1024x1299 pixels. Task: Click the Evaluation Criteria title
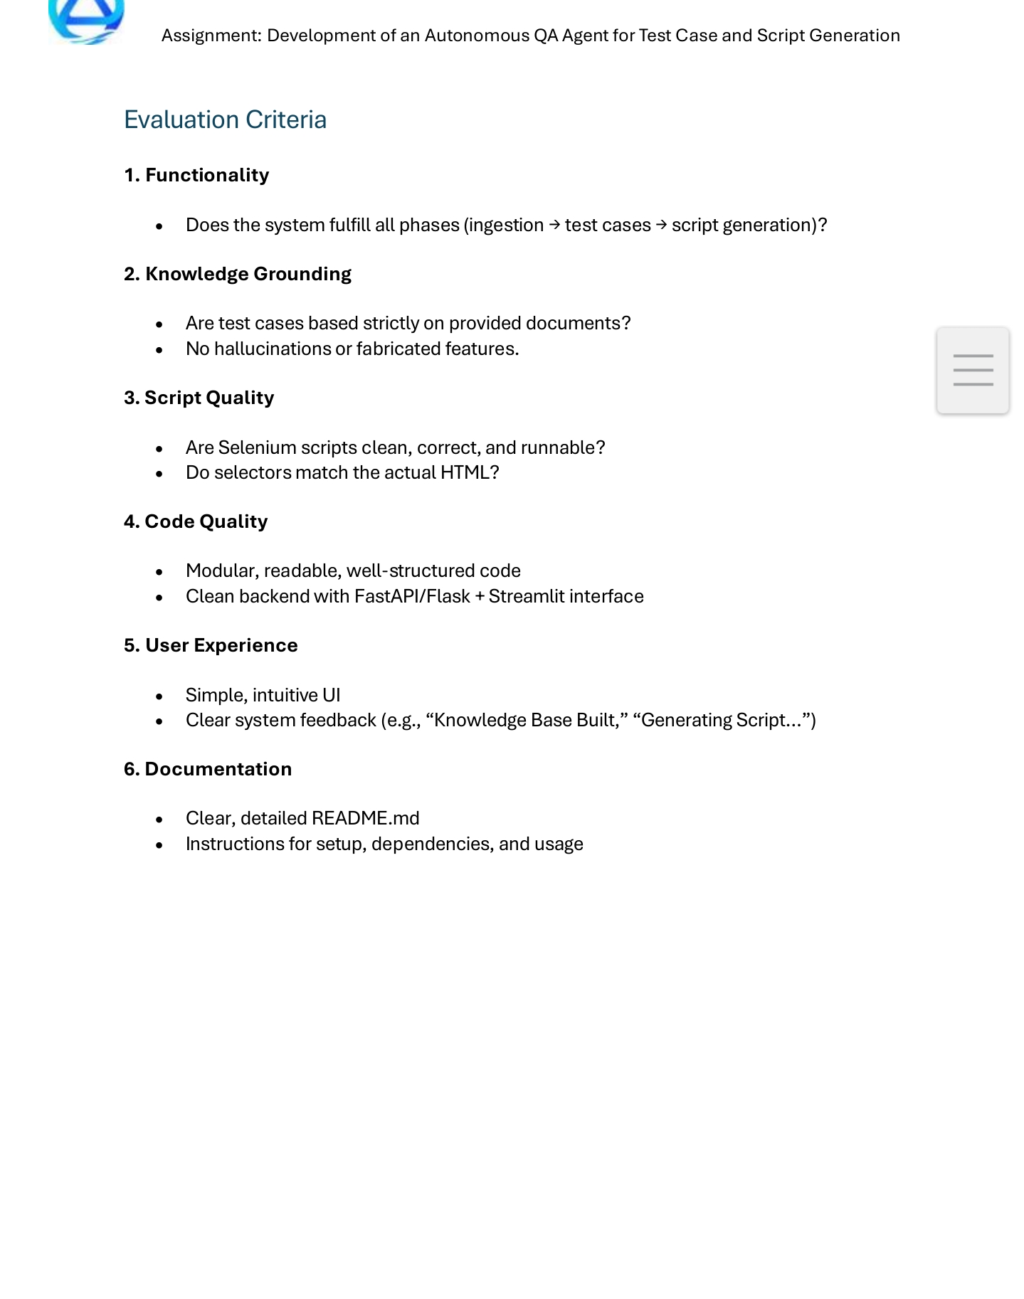click(225, 120)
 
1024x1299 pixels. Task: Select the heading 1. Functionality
click(196, 175)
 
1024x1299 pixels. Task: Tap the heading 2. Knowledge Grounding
click(238, 274)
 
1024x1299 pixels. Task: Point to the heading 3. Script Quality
click(199, 398)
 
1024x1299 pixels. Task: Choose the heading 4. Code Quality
click(196, 521)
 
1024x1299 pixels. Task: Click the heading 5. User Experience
click(211, 645)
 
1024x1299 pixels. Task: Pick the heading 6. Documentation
click(208, 769)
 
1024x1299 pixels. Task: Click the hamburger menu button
click(973, 370)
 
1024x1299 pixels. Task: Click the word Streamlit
click(519, 596)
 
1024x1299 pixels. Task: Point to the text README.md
click(366, 818)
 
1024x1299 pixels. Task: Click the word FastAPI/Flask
click(412, 596)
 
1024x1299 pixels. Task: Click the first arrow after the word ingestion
click(554, 225)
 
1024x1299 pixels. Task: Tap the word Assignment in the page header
click(211, 36)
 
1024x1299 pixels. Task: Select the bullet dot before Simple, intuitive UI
click(159, 696)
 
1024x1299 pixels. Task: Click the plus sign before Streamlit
click(480, 597)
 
